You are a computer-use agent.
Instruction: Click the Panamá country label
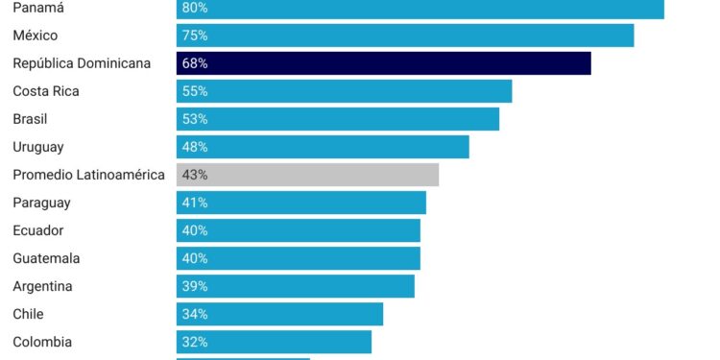(x=38, y=8)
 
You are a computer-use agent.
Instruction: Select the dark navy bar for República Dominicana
(x=384, y=63)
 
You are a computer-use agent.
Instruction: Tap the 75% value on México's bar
(x=194, y=36)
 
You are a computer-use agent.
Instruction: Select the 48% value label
(x=194, y=147)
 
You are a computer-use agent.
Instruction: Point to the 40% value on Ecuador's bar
(x=194, y=230)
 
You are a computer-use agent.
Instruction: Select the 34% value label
(x=194, y=314)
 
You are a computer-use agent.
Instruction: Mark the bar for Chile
(x=279, y=314)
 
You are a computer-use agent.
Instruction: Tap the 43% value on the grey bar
(x=194, y=175)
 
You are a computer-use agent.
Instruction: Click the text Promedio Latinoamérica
(x=88, y=175)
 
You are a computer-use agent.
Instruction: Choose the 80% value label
(x=194, y=8)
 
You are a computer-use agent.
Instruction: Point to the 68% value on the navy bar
(x=194, y=63)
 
